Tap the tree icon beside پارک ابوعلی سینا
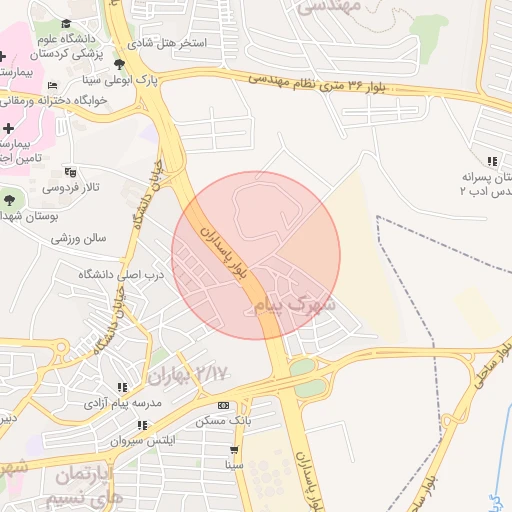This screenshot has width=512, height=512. (120, 63)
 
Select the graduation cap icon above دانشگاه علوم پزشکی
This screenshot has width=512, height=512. (66, 23)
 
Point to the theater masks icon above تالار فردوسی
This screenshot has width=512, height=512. (68, 171)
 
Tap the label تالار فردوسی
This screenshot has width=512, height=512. (69, 187)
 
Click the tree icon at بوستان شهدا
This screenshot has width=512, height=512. (10, 199)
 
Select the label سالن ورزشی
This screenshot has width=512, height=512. (81, 238)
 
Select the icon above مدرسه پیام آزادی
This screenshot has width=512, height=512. (123, 387)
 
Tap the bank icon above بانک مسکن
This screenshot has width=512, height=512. (223, 405)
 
